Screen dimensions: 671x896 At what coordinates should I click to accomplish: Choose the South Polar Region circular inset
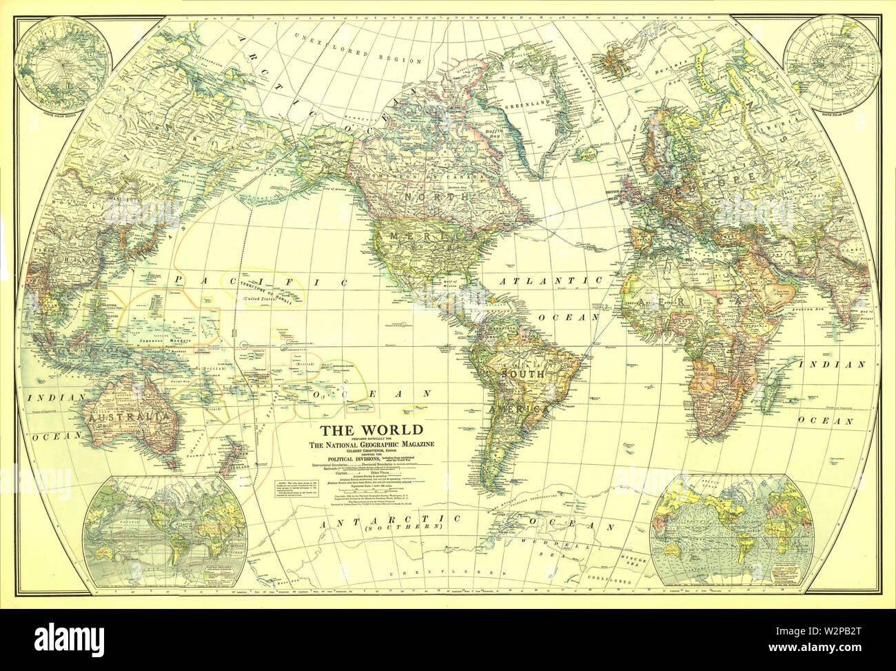833,63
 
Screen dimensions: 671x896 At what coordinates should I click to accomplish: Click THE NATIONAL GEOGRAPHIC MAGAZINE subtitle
373,445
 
